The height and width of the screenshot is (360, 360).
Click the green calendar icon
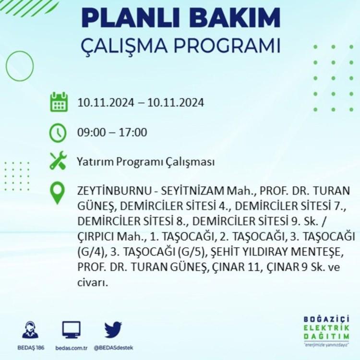[x=59, y=102]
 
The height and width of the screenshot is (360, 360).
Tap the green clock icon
[x=58, y=132]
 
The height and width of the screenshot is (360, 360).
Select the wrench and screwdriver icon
[x=58, y=160]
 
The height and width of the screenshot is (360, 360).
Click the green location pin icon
[x=58, y=193]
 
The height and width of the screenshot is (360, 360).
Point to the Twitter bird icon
[x=113, y=330]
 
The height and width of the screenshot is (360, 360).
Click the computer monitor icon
[x=72, y=330]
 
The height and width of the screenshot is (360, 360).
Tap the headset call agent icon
[x=30, y=330]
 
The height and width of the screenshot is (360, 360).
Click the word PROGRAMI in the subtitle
[x=227, y=46]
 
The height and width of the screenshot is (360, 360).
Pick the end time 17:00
[x=133, y=132]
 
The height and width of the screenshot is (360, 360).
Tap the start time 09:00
[x=91, y=132]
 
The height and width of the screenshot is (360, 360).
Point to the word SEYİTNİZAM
[x=192, y=191]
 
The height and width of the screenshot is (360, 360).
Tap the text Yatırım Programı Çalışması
[x=146, y=162]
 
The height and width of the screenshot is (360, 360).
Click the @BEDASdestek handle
[x=113, y=348]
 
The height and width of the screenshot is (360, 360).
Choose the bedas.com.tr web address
[x=72, y=348]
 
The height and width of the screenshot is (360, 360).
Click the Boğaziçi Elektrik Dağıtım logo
[x=326, y=331]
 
